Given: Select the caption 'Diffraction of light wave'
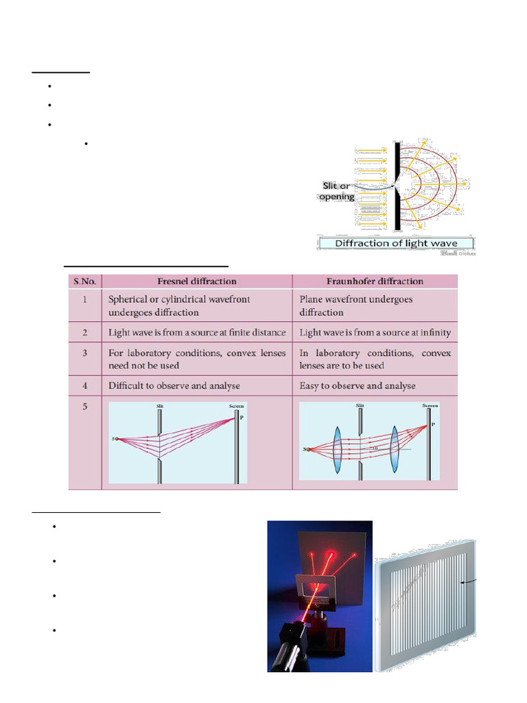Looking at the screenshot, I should click(x=396, y=243).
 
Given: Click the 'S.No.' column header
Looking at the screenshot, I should click(x=85, y=281).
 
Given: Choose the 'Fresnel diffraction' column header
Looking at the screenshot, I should click(x=198, y=281).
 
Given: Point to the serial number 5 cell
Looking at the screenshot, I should click(x=85, y=406).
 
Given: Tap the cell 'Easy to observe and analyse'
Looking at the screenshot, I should click(x=358, y=386).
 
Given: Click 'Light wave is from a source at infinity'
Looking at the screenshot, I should click(x=375, y=332).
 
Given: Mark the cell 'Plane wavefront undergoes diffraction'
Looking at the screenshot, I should click(x=356, y=306).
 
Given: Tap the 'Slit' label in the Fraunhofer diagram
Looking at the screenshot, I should click(x=360, y=406).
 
